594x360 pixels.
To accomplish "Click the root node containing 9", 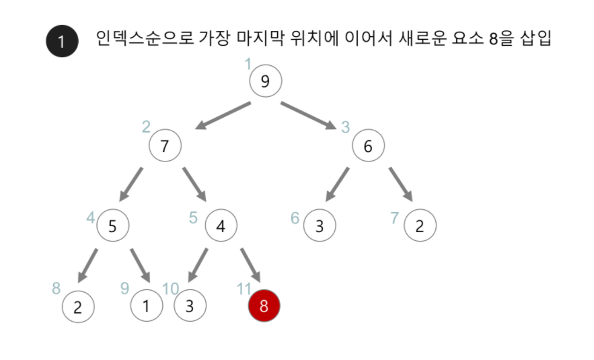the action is point(265,81).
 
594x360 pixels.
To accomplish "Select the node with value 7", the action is point(165,145).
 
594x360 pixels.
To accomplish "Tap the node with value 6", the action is point(368,145).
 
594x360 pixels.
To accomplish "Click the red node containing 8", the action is point(264,306).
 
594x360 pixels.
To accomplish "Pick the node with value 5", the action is point(112,226).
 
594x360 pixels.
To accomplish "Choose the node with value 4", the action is point(221,226).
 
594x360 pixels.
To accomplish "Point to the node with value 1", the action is point(147,306).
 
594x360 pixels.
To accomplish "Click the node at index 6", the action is point(320,226).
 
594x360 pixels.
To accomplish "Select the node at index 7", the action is point(420,226).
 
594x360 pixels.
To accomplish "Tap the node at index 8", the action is point(78,308).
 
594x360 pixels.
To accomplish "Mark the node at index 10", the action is point(190,306).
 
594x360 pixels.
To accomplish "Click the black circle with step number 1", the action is point(62,42).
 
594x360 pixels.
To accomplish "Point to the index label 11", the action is point(244,289).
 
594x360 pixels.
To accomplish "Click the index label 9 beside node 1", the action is point(124,288).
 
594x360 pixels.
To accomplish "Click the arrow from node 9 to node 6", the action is point(307,115).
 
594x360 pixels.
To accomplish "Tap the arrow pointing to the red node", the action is point(250,264).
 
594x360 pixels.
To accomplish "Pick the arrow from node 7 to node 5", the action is point(132,183).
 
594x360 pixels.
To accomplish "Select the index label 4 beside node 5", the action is point(91,217).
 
